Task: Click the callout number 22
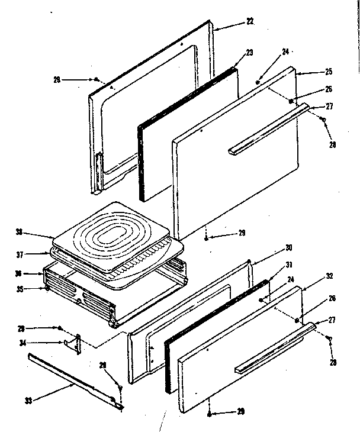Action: pos(250,21)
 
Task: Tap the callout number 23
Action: pos(249,53)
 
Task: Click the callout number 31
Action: pos(289,265)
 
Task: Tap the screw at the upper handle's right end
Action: pos(323,120)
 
